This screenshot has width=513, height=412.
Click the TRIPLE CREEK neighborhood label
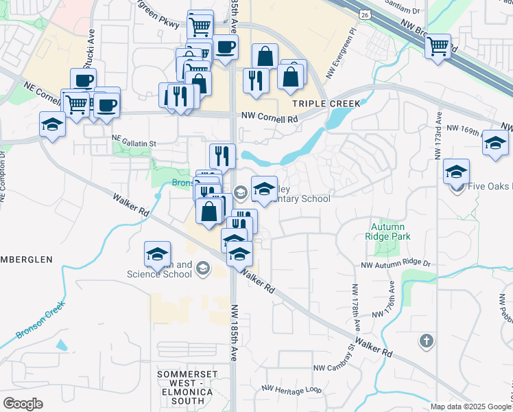[x=326, y=103]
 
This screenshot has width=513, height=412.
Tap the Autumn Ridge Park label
[x=388, y=231]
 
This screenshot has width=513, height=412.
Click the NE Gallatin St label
[x=134, y=144]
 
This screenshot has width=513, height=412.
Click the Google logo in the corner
[x=23, y=404]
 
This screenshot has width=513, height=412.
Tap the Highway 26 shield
[x=365, y=14]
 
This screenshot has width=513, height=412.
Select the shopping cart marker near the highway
[x=438, y=47]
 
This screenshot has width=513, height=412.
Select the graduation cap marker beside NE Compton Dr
[x=53, y=125]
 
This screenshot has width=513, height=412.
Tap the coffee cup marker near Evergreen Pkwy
[x=225, y=47]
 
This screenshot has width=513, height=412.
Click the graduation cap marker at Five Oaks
[x=456, y=172]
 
